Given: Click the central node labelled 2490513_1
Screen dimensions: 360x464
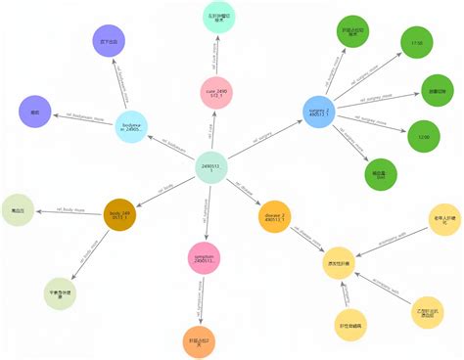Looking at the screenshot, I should (x=214, y=167).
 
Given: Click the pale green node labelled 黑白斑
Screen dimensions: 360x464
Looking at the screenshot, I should (x=19, y=210).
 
